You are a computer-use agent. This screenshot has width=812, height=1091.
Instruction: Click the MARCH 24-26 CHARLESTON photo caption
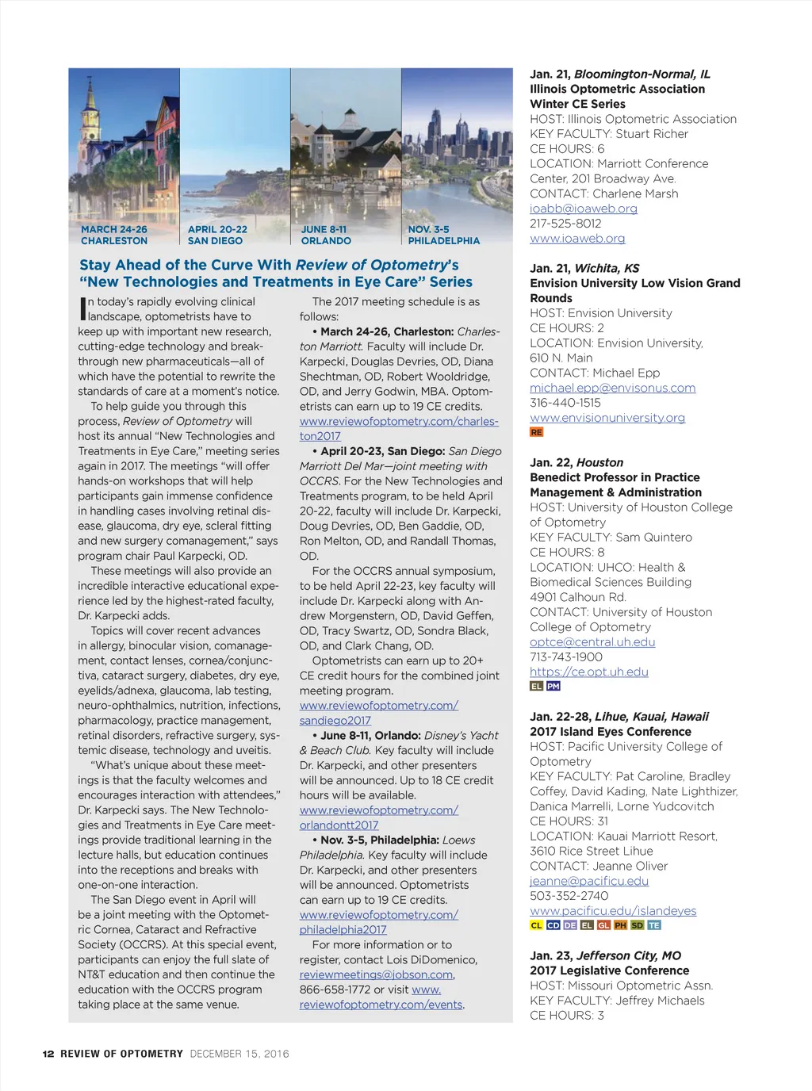(x=114, y=235)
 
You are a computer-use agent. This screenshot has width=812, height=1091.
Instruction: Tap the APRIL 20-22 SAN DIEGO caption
(x=216, y=235)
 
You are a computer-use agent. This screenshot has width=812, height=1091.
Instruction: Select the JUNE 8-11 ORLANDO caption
(x=325, y=235)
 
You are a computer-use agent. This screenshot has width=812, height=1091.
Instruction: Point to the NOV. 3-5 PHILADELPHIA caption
(x=443, y=235)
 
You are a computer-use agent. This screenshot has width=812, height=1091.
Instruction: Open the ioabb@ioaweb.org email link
(x=584, y=209)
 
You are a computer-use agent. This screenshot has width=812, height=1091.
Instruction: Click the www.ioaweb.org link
(x=577, y=239)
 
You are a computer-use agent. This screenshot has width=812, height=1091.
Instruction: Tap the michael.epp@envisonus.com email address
(x=612, y=388)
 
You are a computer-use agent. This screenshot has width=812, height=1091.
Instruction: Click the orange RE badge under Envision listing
(x=537, y=432)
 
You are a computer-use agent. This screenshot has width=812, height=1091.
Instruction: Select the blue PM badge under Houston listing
(x=553, y=687)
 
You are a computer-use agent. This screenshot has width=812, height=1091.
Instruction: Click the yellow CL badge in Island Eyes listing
(x=537, y=925)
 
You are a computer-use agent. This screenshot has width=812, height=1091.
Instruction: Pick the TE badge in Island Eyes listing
(x=653, y=925)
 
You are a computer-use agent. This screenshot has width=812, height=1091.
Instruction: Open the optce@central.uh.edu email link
(x=592, y=642)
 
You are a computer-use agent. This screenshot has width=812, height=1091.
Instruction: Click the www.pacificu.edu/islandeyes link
(x=613, y=911)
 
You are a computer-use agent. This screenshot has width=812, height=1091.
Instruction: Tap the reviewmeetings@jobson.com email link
(x=376, y=975)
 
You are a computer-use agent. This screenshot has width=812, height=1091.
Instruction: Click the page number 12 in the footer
(x=48, y=1054)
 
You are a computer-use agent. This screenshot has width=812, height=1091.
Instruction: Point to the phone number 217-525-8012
(x=565, y=224)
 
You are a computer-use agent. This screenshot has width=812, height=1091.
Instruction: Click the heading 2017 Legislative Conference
(x=609, y=970)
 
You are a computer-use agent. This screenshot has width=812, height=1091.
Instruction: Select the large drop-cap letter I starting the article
(x=82, y=308)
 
